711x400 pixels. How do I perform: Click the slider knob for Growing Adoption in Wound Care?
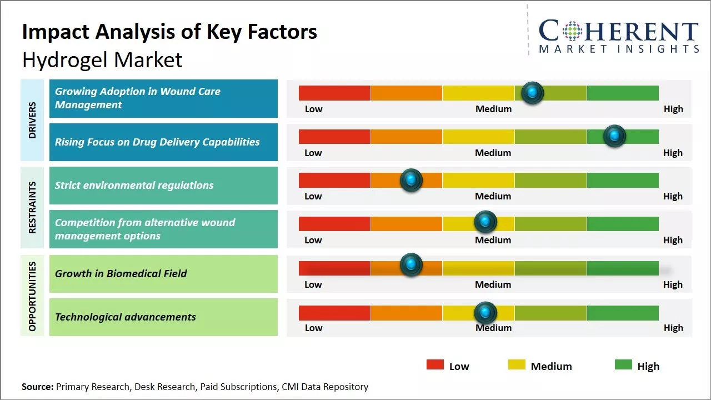click(533, 93)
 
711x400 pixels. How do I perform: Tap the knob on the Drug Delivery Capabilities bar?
click(614, 136)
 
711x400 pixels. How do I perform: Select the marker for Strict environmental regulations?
click(411, 180)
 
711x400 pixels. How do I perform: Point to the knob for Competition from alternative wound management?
click(485, 222)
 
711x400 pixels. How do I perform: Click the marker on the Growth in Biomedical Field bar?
click(411, 265)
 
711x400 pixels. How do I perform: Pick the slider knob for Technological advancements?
click(485, 313)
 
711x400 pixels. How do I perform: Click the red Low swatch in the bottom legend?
click(435, 364)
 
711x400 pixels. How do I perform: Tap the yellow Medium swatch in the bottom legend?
click(517, 364)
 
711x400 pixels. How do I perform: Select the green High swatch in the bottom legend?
click(623, 364)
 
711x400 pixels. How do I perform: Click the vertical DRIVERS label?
click(32, 120)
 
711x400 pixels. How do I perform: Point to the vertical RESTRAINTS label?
click(32, 207)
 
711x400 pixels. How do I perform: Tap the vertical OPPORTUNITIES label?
click(32, 296)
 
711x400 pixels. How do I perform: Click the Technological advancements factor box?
click(163, 317)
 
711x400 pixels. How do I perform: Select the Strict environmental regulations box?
click(163, 186)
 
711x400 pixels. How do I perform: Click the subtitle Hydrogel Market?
click(102, 60)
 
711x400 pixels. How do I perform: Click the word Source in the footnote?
click(37, 387)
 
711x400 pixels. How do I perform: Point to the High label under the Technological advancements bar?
click(673, 328)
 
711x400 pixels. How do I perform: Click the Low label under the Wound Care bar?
click(313, 109)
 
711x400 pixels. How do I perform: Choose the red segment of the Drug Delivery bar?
click(334, 137)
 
